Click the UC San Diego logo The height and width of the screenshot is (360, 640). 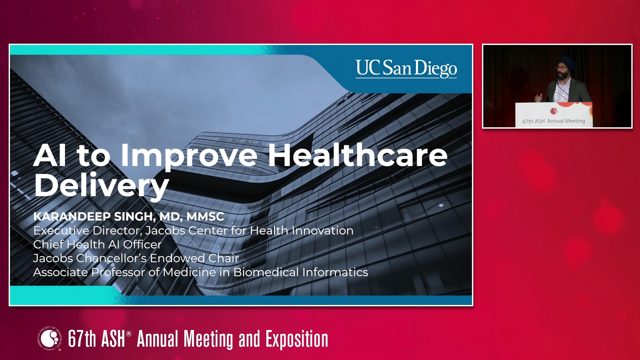pyautogui.click(x=406, y=69)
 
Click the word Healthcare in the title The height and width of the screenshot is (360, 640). pyautogui.click(x=358, y=155)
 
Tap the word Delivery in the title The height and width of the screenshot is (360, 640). pyautogui.click(x=102, y=186)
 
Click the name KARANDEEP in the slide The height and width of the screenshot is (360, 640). pyautogui.click(x=72, y=217)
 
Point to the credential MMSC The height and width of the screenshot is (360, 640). pyautogui.click(x=205, y=217)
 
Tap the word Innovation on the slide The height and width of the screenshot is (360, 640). pyautogui.click(x=323, y=230)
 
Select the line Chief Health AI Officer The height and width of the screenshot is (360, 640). pyautogui.click(x=97, y=244)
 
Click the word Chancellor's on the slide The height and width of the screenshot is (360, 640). pyautogui.click(x=111, y=258)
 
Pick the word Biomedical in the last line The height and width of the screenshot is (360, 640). pyautogui.click(x=266, y=272)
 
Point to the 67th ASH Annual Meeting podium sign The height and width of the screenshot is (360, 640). pyautogui.click(x=554, y=115)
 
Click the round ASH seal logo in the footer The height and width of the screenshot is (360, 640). pyautogui.click(x=50, y=339)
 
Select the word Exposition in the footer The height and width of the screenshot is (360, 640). pyautogui.click(x=297, y=339)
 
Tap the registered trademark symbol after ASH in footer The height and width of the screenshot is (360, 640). pyautogui.click(x=129, y=334)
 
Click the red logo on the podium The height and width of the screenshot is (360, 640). pyautogui.click(x=554, y=111)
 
